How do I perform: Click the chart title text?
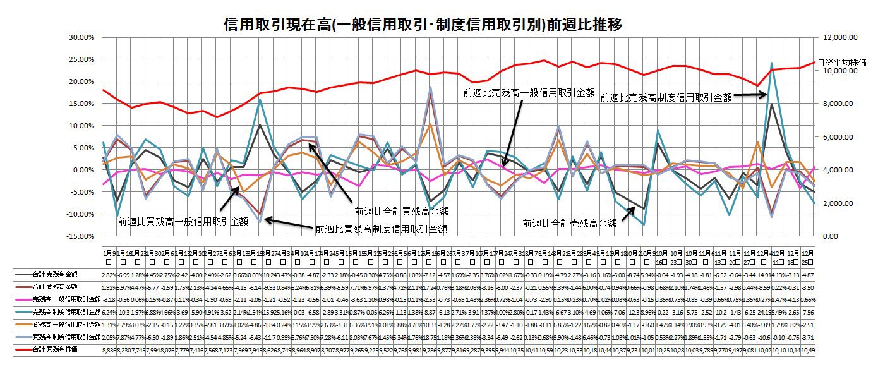pos(423,25)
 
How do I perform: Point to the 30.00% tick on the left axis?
pos(80,37)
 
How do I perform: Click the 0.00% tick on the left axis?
pos(82,170)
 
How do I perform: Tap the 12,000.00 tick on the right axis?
pos(838,37)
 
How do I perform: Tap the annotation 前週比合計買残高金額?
pos(404,211)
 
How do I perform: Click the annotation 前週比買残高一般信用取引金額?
pos(183,222)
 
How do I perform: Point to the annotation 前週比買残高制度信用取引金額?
pos(381,229)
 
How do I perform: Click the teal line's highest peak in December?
pos(771,63)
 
